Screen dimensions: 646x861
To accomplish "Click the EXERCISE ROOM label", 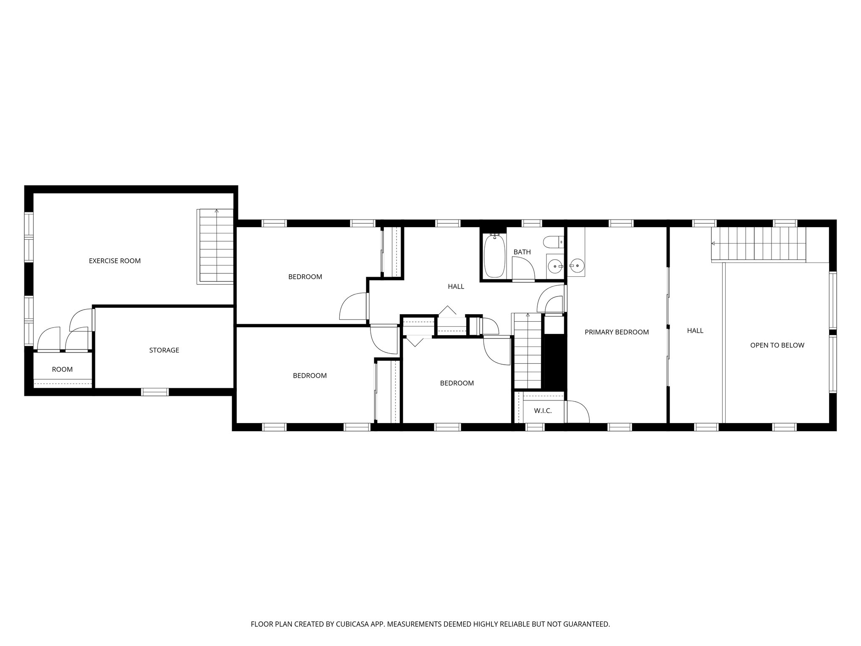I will pos(114,261).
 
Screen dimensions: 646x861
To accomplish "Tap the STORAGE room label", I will pos(164,350).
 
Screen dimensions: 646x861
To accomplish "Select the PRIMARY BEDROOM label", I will pos(616,332).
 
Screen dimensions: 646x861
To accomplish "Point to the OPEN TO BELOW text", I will pos(777,345).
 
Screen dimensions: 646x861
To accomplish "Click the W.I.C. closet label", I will pos(542,410).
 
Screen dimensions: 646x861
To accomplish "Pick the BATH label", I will pos(522,252).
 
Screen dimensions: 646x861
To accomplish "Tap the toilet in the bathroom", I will pos(552,242).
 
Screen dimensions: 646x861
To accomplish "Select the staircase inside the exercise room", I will pos(215,246).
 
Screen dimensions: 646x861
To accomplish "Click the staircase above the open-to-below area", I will pos(758,244).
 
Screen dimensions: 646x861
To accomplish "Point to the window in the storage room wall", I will pos(155,392).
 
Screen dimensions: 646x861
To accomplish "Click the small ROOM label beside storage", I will pos(62,369).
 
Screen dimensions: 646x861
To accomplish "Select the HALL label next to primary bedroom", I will pos(695,331).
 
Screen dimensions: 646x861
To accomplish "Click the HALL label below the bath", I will pos(456,286).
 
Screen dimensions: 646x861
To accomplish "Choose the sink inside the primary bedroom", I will pos(576,265).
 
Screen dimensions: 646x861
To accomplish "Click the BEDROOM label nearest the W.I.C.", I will pos(457,383).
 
